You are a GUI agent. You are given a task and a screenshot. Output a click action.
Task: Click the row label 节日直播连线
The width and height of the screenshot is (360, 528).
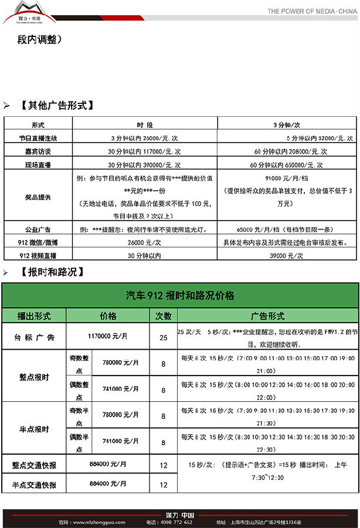click(38, 138)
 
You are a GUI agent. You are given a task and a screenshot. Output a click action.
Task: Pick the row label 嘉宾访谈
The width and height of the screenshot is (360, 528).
click(38, 151)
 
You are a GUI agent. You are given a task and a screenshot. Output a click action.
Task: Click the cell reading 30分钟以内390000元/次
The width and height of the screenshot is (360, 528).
click(145, 164)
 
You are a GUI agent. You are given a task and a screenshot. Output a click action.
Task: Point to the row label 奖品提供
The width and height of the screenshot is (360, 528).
click(38, 198)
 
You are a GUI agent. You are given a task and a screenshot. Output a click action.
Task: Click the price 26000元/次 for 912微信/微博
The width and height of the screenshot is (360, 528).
click(144, 242)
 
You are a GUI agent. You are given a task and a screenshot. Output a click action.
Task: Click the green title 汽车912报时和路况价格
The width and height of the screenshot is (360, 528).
click(180, 296)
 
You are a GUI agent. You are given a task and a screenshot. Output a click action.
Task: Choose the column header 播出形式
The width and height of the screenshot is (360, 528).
click(34, 316)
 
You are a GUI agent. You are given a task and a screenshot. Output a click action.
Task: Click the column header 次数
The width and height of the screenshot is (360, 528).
click(164, 316)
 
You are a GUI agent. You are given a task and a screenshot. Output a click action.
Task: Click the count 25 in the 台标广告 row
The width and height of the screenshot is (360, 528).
click(164, 337)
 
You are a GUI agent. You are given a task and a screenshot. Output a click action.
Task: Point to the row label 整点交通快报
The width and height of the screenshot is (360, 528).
click(34, 465)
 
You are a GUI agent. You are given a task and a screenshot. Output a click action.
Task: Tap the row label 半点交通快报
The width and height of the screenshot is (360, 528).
click(34, 485)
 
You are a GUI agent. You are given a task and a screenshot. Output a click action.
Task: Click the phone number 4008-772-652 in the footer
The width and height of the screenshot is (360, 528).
click(175, 522)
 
